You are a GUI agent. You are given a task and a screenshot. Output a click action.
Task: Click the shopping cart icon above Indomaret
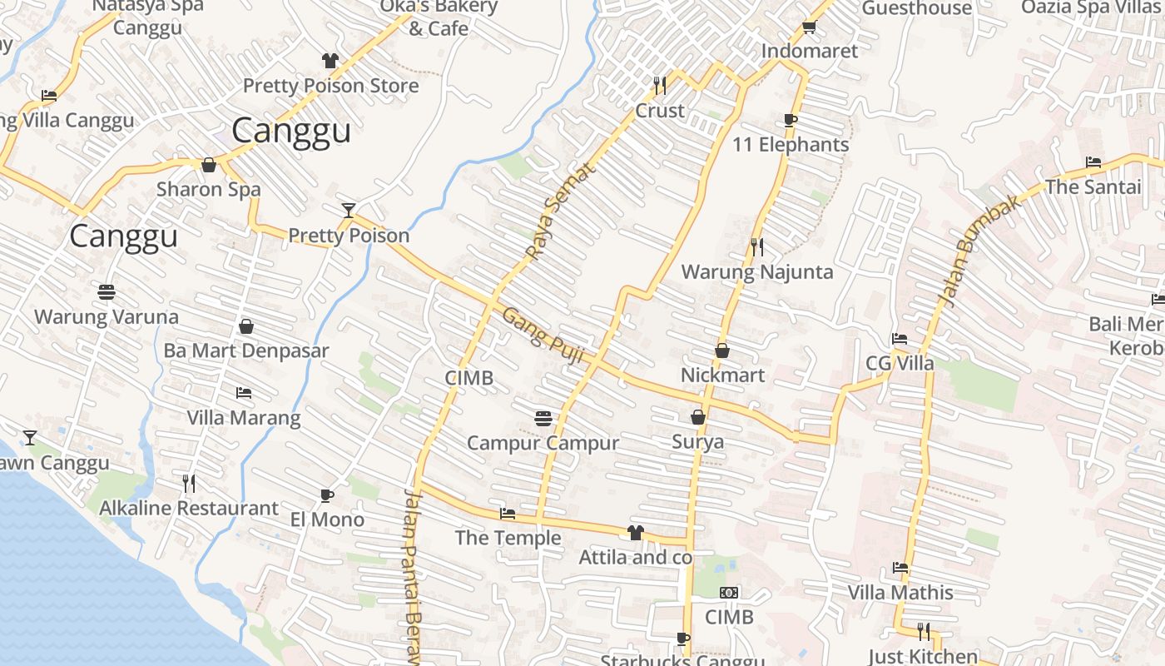point(808,27)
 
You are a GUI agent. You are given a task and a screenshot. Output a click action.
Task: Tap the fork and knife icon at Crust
point(660,85)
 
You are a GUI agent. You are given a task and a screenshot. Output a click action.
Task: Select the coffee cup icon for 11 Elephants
point(791,120)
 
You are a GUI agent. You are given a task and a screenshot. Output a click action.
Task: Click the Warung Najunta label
point(756,272)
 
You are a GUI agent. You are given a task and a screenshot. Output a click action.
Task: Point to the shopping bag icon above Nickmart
point(722,350)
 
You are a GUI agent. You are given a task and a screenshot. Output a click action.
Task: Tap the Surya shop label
point(697,442)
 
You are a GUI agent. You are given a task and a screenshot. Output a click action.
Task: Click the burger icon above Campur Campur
point(543,418)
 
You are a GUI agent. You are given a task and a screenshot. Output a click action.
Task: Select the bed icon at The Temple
point(507,514)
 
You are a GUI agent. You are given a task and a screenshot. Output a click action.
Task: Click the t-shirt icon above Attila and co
point(636,533)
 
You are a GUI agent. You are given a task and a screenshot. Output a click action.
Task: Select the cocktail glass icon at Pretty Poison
point(349,210)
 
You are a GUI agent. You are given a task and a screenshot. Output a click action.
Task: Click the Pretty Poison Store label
point(330,86)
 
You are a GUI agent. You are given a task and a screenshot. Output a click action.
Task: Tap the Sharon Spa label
point(209,189)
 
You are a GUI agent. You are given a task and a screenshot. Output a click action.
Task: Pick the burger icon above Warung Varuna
point(107,292)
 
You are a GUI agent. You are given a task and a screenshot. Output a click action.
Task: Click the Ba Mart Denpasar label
point(246,350)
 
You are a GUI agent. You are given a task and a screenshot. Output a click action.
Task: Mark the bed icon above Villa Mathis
point(900,568)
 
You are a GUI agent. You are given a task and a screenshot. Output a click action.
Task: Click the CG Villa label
point(900,364)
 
